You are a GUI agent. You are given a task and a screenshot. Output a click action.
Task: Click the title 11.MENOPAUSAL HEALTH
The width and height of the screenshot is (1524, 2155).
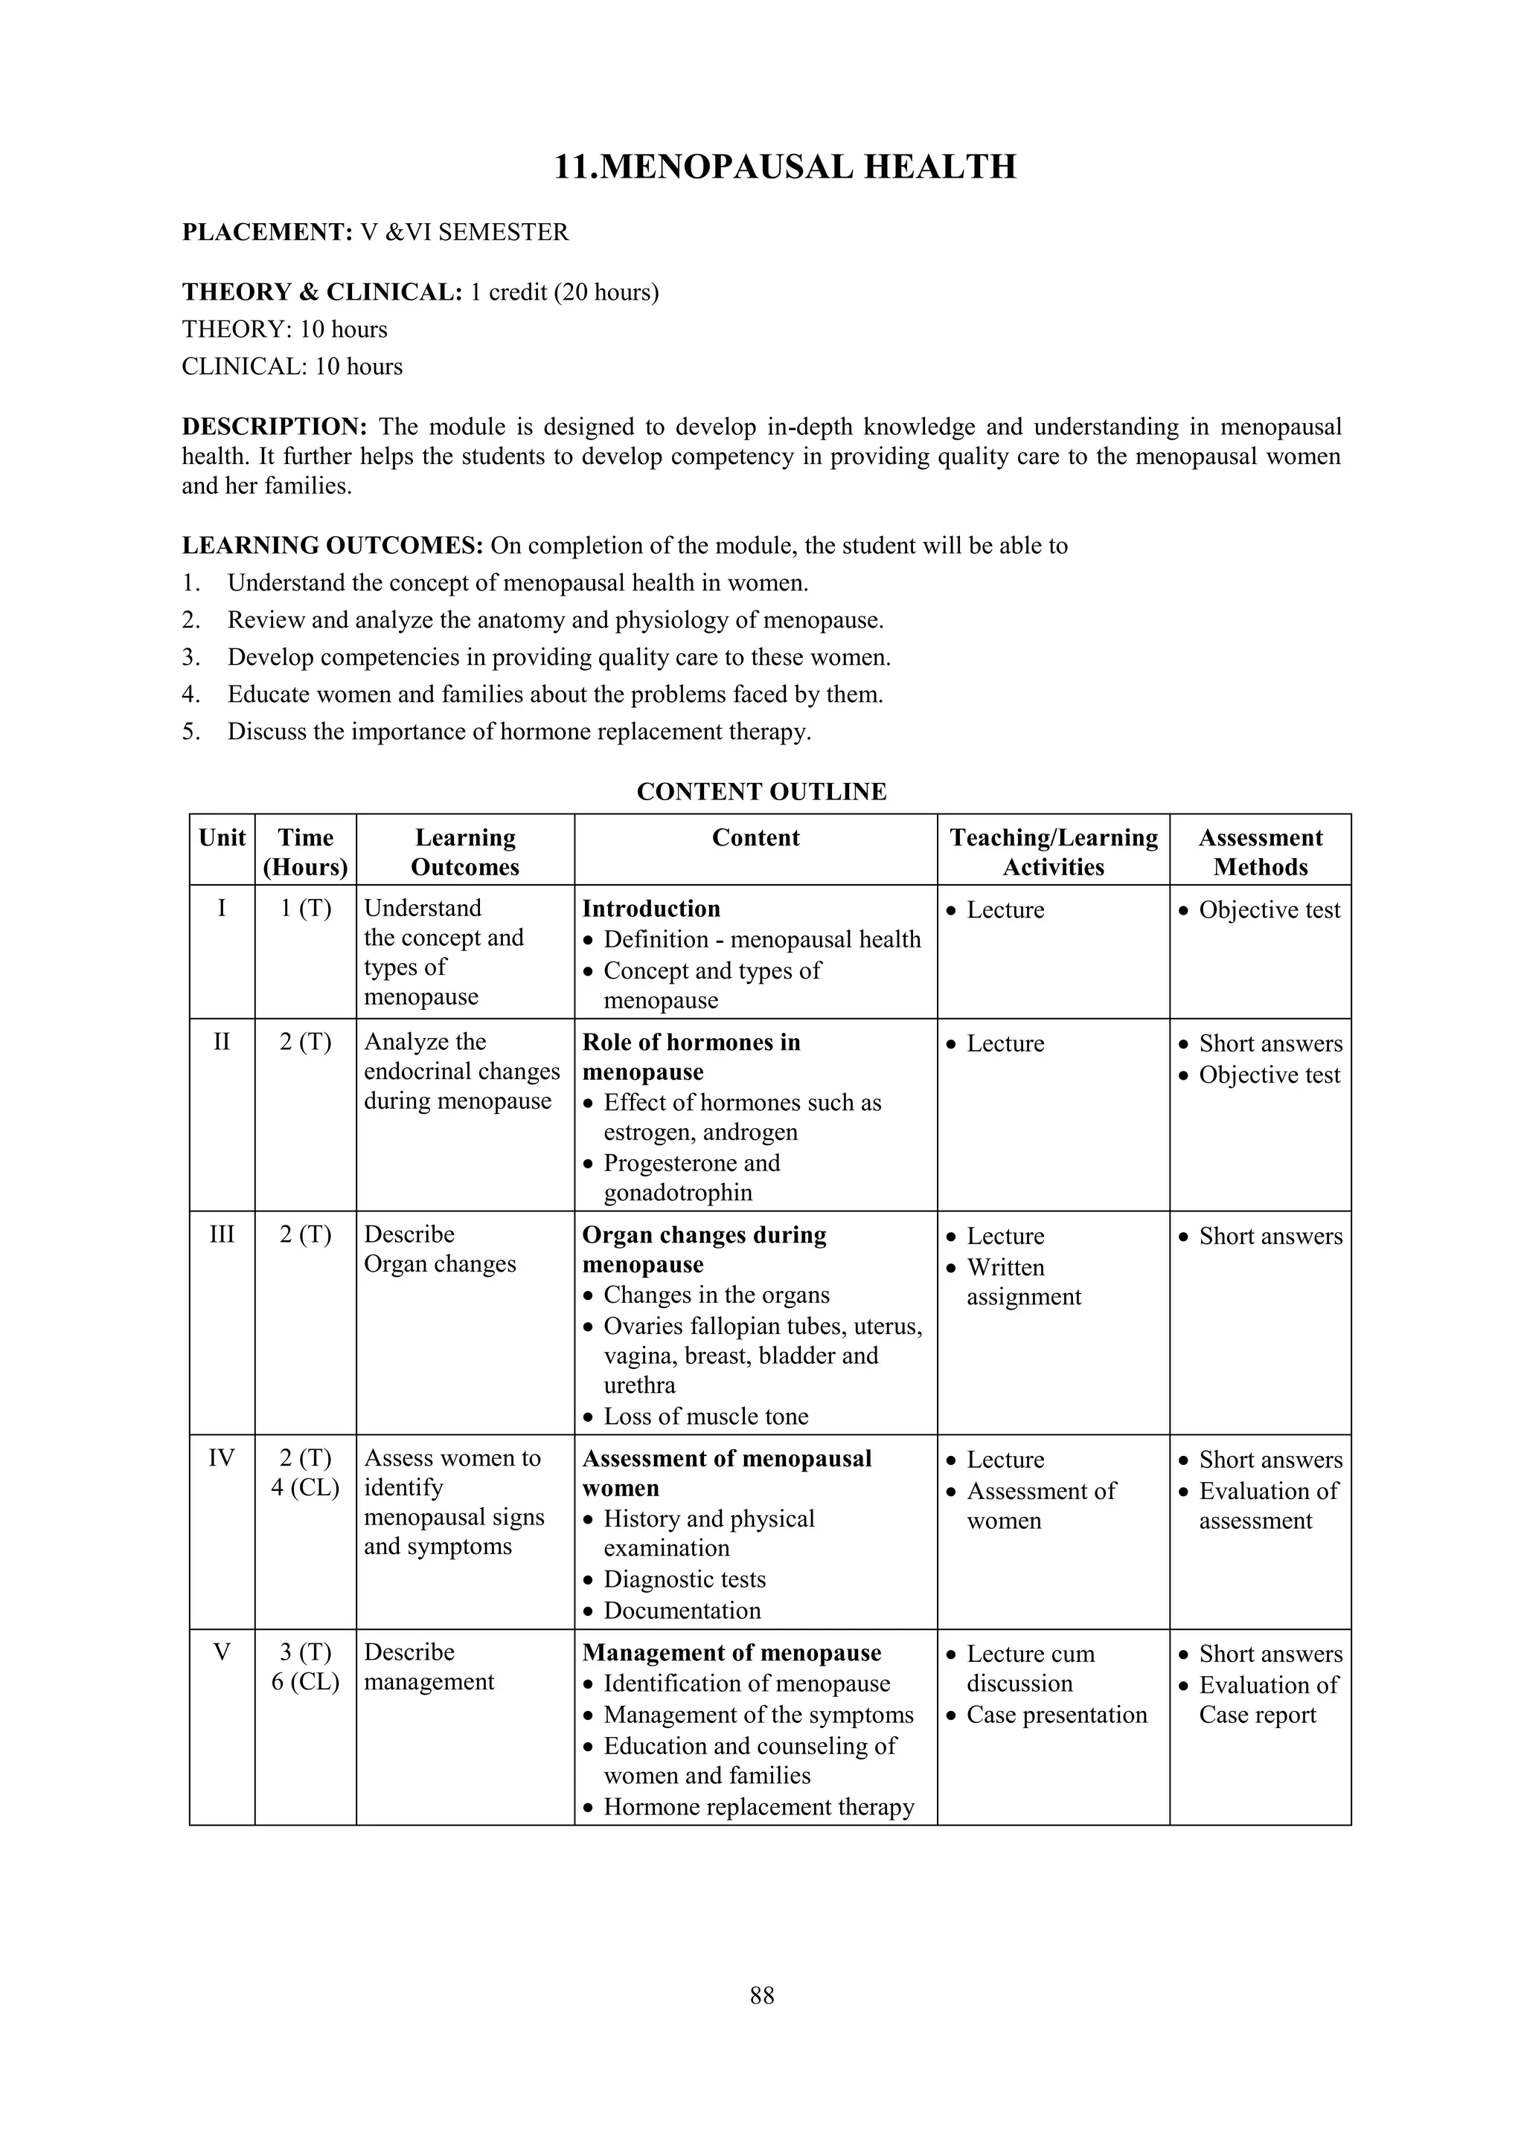pyautogui.click(x=785, y=167)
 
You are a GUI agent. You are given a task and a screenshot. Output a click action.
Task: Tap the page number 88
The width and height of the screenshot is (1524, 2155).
pyautogui.click(x=761, y=1995)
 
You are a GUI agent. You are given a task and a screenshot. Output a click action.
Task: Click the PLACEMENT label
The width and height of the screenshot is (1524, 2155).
pyautogui.click(x=266, y=232)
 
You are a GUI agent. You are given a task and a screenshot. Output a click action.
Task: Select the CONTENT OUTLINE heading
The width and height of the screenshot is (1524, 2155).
pyautogui.click(x=761, y=791)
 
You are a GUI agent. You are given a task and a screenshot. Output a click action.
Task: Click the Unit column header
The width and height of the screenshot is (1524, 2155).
pyautogui.click(x=222, y=838)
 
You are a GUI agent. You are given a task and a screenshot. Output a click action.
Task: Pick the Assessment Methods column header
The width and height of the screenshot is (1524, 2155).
pyautogui.click(x=1259, y=852)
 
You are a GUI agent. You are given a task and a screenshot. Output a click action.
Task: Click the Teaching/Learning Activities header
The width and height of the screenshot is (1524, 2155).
pyautogui.click(x=1053, y=852)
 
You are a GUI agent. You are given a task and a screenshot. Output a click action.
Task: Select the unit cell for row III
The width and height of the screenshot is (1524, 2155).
pyautogui.click(x=222, y=1234)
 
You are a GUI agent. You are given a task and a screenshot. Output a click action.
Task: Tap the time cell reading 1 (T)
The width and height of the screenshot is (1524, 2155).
pyautogui.click(x=305, y=909)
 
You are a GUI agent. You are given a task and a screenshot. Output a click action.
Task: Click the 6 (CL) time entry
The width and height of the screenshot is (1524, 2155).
pyautogui.click(x=305, y=1681)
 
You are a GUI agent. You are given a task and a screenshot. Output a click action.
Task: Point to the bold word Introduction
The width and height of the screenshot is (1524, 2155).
pyautogui.click(x=650, y=909)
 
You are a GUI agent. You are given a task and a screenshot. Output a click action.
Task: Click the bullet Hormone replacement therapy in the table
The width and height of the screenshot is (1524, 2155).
pyautogui.click(x=758, y=1807)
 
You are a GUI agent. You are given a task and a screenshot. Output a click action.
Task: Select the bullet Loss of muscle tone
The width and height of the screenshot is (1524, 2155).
pyautogui.click(x=705, y=1417)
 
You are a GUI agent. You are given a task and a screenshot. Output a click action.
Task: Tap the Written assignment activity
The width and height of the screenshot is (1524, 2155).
pyautogui.click(x=1022, y=1282)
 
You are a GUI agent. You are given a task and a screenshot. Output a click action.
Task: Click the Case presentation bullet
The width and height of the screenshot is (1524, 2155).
pyautogui.click(x=1057, y=1715)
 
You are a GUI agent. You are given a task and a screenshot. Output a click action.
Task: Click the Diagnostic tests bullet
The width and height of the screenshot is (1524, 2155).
pyautogui.click(x=685, y=1579)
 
